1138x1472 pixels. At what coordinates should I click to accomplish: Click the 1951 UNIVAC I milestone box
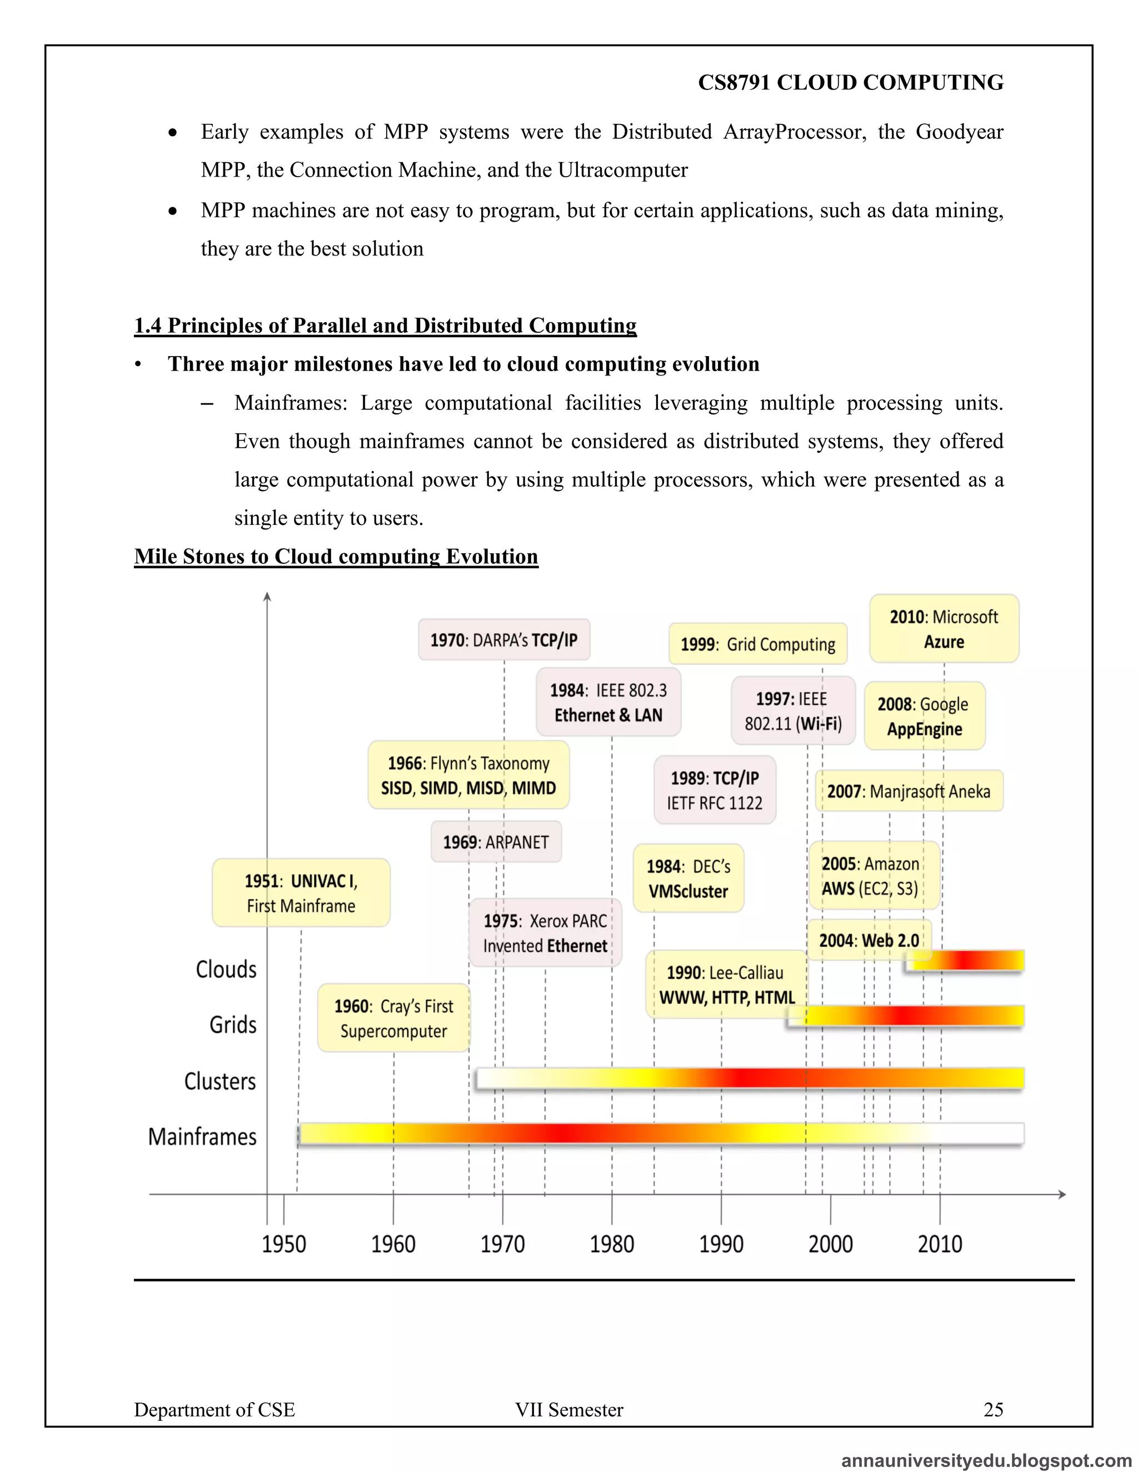point(301,893)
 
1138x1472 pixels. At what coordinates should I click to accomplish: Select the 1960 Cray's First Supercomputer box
point(394,1018)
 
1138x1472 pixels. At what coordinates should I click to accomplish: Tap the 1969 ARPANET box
point(496,842)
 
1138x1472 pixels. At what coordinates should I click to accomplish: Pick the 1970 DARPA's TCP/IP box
point(503,639)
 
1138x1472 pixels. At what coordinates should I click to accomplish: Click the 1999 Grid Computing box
point(757,644)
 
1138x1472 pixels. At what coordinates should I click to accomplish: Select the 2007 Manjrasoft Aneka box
point(908,790)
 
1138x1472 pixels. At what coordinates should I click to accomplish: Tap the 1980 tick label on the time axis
point(611,1244)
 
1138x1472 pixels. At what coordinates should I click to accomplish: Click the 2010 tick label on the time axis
point(939,1244)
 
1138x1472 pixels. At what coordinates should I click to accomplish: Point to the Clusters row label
point(220,1081)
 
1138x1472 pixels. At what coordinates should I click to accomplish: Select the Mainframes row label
point(202,1136)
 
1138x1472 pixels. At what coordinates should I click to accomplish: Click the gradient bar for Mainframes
point(661,1134)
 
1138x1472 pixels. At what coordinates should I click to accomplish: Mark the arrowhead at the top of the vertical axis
point(267,597)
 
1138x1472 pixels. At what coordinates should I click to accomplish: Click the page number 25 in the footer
point(993,1409)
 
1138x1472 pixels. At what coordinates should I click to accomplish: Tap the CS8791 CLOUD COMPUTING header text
point(850,82)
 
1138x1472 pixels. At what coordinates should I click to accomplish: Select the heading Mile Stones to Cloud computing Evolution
point(336,556)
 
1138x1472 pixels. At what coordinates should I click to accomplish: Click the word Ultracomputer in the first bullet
point(622,170)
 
